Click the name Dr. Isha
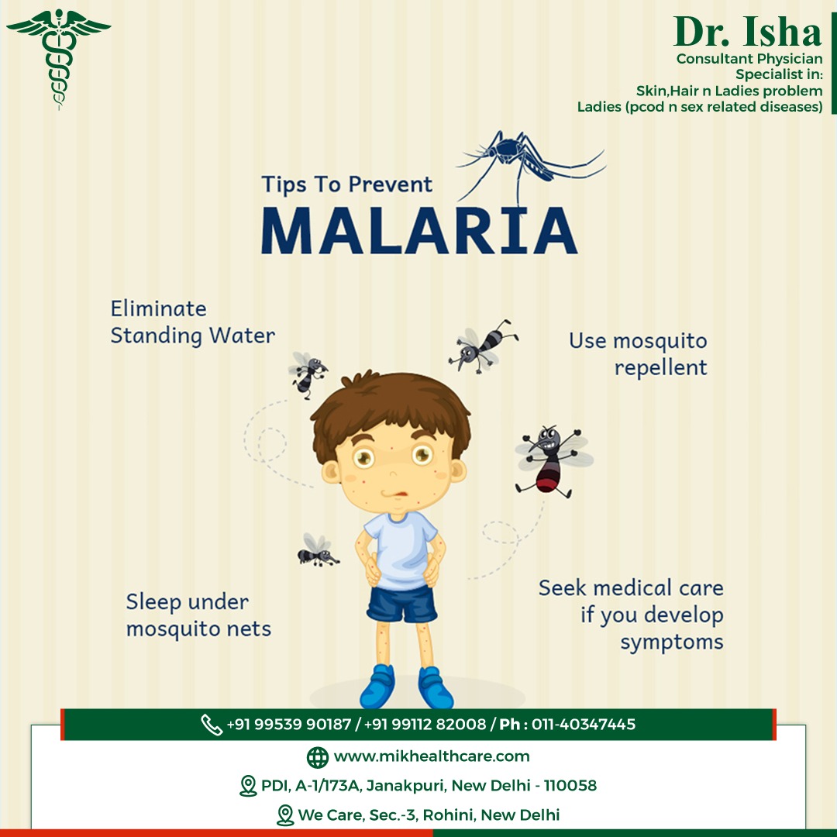click(747, 32)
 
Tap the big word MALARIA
click(419, 231)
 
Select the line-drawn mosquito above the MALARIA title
click(531, 162)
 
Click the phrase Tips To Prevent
click(346, 184)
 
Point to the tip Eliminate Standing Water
click(193, 322)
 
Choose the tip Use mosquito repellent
click(638, 354)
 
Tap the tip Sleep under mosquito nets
click(198, 615)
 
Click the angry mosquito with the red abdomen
click(553, 460)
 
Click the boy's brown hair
click(390, 411)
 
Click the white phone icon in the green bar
click(212, 725)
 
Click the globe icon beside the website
click(318, 757)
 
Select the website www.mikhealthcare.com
click(432, 756)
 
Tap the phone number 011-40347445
click(584, 725)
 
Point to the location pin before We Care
click(285, 815)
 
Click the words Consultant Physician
click(749, 59)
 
